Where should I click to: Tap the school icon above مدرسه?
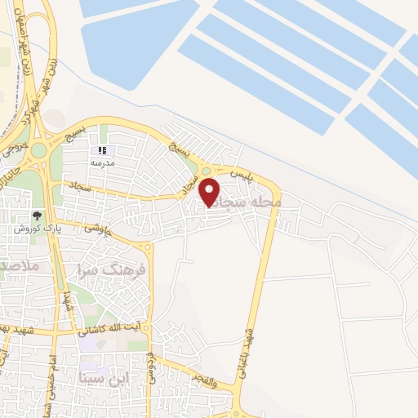[102, 150]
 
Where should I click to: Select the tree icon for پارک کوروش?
[36, 216]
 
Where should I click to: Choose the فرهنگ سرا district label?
[113, 268]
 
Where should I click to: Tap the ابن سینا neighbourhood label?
[105, 378]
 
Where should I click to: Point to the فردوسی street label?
[152, 370]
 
